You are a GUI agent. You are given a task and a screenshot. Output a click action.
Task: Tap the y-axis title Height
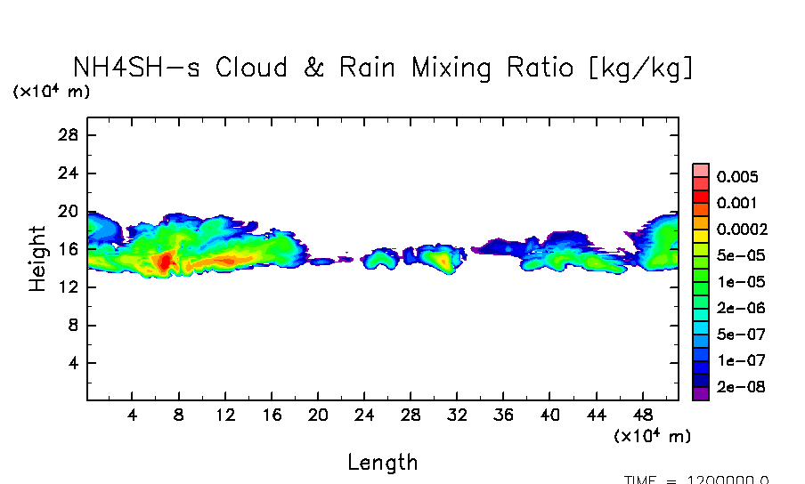(37, 258)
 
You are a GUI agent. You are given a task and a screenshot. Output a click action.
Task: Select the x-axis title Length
(382, 462)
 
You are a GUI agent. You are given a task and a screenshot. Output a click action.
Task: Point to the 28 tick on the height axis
(69, 135)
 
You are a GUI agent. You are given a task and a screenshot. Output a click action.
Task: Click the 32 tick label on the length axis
(457, 415)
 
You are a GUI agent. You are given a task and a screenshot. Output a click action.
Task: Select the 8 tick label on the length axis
(179, 415)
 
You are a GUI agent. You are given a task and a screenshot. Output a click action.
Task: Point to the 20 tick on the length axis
(318, 415)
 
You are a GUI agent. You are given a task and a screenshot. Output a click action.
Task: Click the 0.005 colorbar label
(736, 177)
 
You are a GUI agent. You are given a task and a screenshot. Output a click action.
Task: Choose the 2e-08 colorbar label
(736, 388)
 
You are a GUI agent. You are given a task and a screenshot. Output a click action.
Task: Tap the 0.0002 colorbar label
(742, 230)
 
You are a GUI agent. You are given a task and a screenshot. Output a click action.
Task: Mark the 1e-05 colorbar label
(736, 282)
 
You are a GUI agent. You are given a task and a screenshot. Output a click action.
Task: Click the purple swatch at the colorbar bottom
(701, 394)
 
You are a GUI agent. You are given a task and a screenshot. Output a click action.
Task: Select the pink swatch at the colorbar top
(701, 171)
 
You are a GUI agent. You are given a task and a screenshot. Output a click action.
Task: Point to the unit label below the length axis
(652, 436)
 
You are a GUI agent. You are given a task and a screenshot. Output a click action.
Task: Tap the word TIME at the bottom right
(640, 480)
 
